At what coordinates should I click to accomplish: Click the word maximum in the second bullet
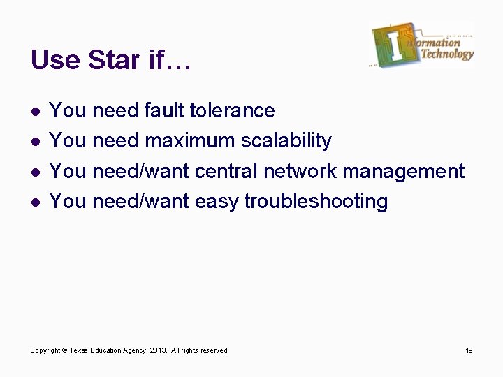(189, 140)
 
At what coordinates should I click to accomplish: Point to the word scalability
(286, 140)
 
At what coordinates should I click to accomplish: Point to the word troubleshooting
(316, 201)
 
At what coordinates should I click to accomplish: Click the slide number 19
(469, 350)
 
